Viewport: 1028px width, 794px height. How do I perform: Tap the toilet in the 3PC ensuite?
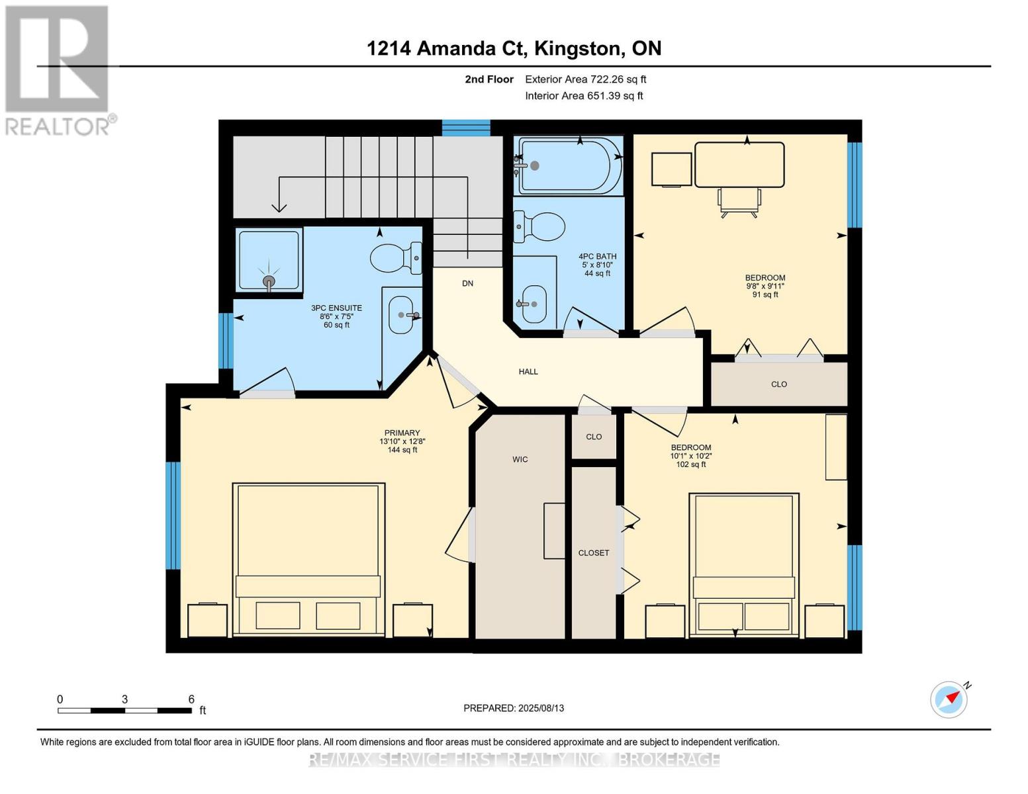395,258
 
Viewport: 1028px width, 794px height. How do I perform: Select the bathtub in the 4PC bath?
569,165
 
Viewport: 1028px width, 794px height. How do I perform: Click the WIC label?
520,459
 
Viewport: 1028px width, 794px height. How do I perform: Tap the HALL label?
528,372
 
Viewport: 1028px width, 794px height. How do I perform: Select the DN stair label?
467,283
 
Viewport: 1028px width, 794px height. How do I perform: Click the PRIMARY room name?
402,433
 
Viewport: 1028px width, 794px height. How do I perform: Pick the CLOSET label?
593,552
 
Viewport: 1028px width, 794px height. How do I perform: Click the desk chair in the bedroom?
739,202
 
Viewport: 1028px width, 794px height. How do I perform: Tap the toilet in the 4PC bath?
539,226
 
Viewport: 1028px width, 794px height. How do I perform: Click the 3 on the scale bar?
124,699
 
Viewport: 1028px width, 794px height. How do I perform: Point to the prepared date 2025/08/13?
541,708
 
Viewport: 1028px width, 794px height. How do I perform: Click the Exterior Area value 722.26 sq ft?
616,79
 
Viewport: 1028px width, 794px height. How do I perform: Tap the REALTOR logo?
58,71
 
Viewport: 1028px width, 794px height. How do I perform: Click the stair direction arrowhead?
279,207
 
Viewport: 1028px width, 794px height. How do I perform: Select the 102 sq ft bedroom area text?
690,464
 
